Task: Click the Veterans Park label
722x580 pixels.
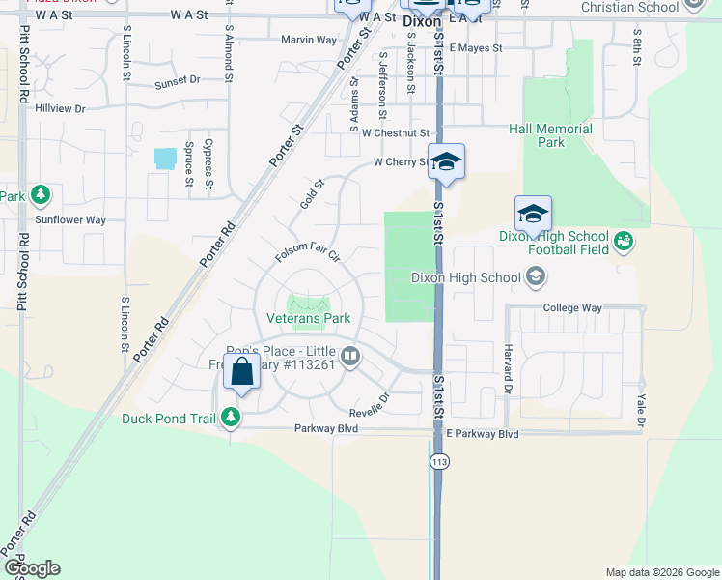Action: pos(309,317)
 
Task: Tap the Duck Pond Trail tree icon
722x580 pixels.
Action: pos(231,418)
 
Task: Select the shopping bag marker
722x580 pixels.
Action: pos(241,371)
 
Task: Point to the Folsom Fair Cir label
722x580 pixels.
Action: pos(308,252)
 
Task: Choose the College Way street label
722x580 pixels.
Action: pos(572,308)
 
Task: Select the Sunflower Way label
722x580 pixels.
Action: pos(70,220)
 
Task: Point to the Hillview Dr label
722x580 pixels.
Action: pos(61,108)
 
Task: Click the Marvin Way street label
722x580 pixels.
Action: pos(309,40)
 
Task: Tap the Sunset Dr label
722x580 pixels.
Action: pos(177,80)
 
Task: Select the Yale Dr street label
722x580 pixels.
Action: pos(639,404)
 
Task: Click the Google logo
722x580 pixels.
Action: pos(31,568)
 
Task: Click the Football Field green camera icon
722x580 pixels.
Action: pos(623,240)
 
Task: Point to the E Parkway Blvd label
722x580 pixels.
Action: pos(482,435)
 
